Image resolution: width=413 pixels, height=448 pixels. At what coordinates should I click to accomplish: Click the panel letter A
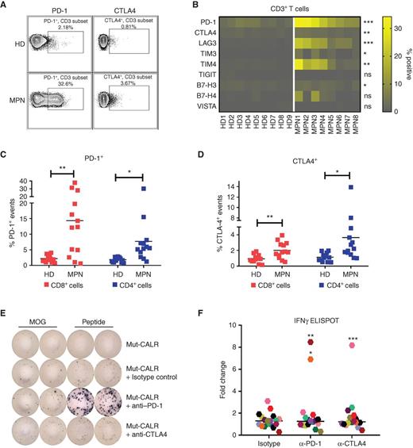(7, 7)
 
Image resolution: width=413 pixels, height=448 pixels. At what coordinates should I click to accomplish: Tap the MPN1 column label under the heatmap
(303, 121)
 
